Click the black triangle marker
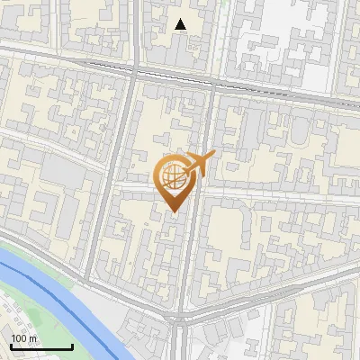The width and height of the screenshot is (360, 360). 181,24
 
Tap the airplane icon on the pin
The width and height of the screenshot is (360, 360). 200,164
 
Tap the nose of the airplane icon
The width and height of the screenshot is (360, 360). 214,156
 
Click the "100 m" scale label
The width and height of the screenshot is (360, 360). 23,338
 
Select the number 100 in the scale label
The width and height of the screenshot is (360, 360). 19,338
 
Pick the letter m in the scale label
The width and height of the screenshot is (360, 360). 32,338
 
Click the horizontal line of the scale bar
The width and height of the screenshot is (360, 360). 41,347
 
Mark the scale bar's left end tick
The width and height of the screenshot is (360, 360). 11,346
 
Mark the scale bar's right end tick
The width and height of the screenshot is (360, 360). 72,346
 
